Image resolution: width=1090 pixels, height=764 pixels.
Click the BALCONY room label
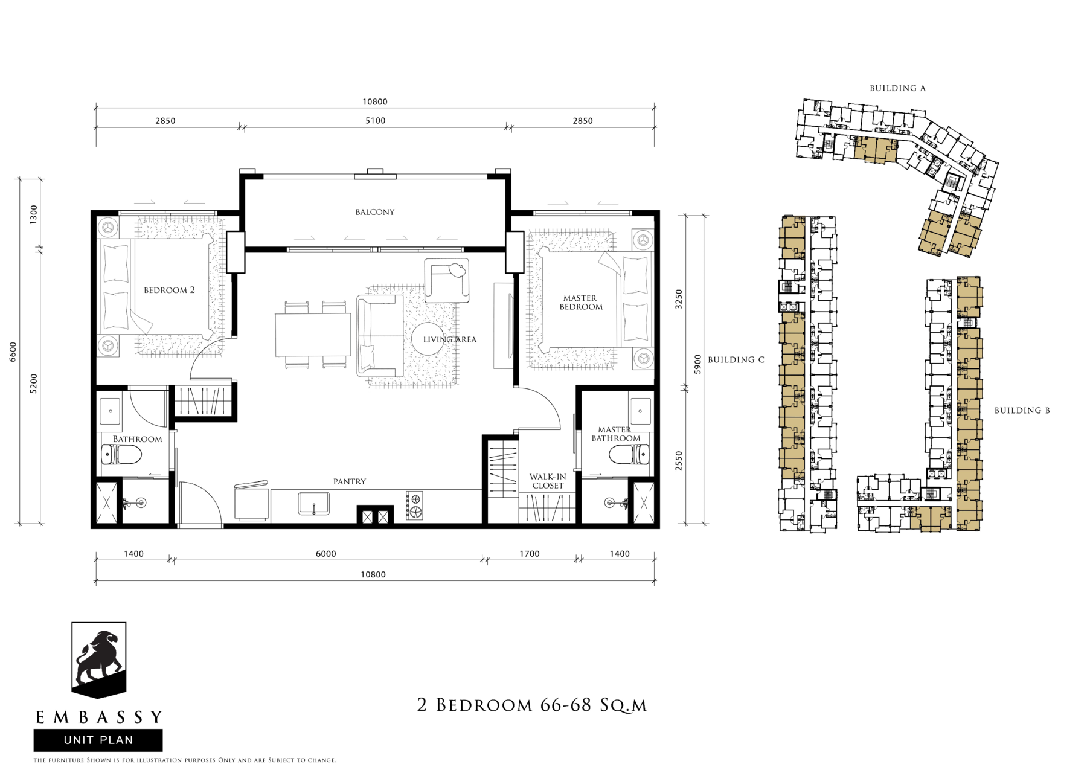(374, 212)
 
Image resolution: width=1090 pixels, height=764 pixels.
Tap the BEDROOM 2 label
(169, 290)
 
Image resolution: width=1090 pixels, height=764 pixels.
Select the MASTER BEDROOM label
(580, 302)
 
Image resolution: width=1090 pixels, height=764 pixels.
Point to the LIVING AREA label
(450, 339)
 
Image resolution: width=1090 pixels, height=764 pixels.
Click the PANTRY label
(350, 481)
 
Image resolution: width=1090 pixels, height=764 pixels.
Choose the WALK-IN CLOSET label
(548, 481)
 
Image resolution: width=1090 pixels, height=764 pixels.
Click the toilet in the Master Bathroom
(629, 454)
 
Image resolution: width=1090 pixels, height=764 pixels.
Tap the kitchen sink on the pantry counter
(314, 504)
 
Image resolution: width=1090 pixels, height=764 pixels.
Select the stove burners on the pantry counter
(414, 506)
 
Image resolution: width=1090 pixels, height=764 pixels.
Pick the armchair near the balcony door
(447, 280)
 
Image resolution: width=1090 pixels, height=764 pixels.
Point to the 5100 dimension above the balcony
(375, 121)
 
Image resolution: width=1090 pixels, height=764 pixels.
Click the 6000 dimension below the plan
(325, 554)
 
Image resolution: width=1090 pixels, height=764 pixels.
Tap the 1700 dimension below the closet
(530, 554)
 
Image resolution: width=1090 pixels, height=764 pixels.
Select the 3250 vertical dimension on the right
(679, 299)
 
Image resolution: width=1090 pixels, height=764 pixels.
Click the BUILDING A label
(897, 88)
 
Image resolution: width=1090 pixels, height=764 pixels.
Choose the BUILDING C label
(736, 359)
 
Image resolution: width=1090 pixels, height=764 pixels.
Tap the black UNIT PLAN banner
(98, 740)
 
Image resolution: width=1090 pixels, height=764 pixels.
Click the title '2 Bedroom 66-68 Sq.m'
(532, 705)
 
